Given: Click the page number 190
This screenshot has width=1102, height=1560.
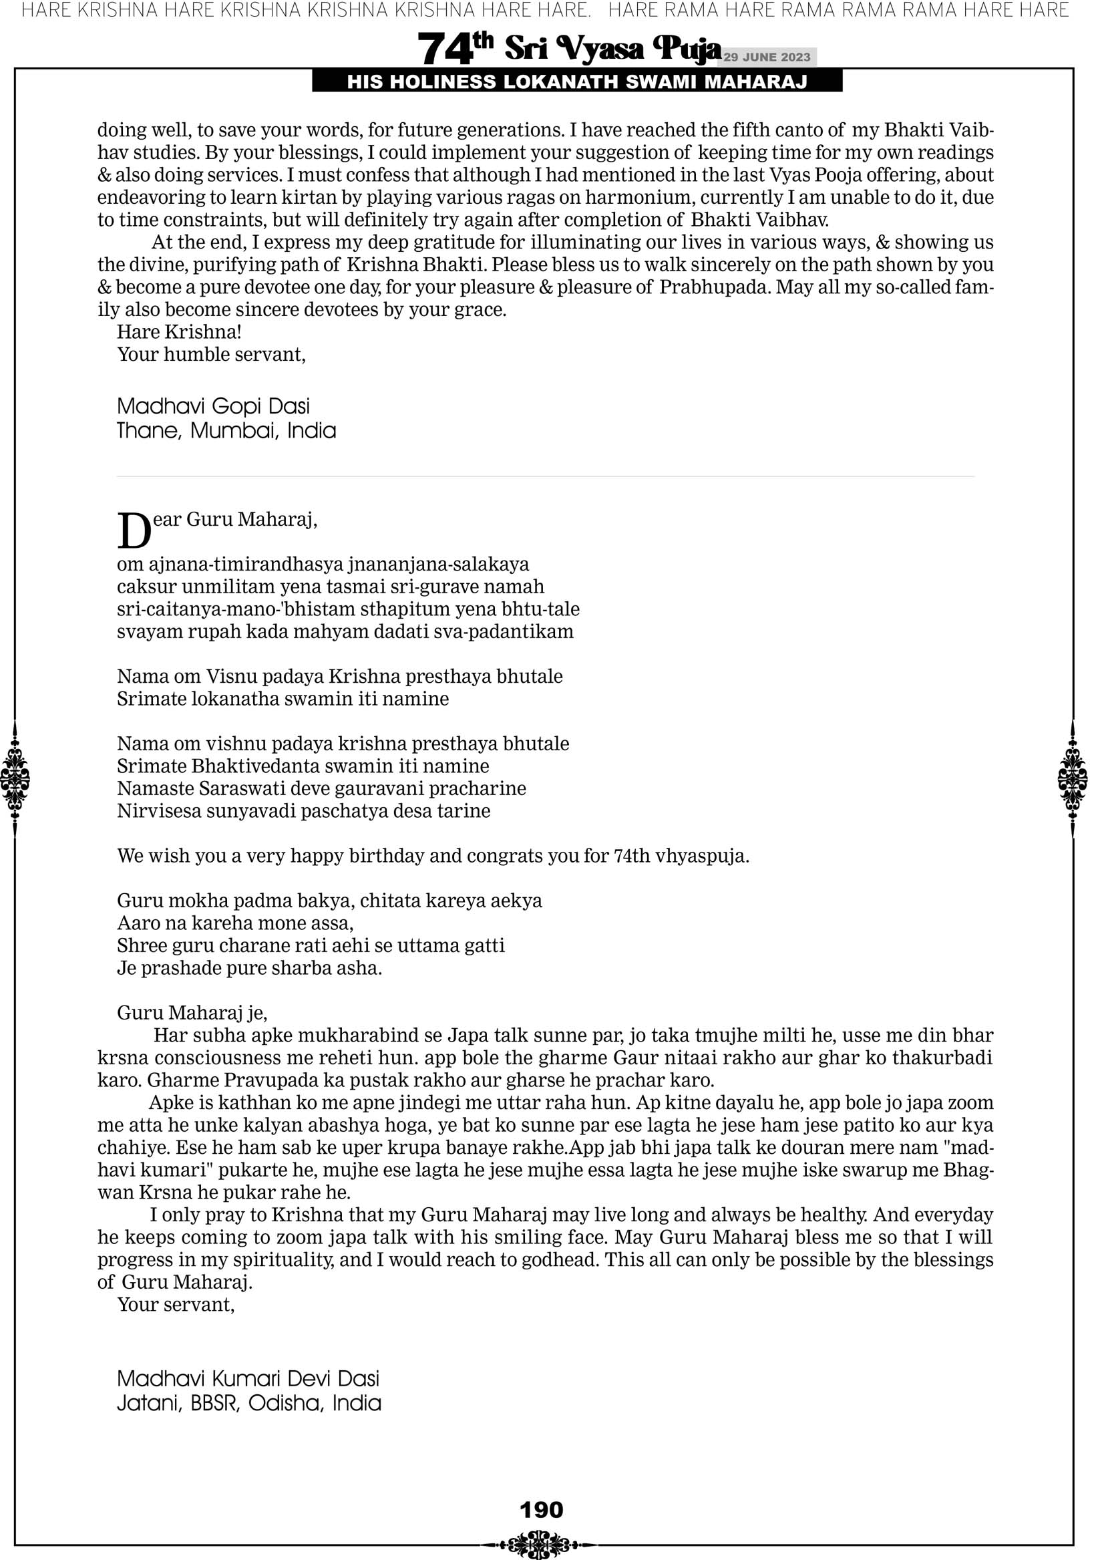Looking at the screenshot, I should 541,1509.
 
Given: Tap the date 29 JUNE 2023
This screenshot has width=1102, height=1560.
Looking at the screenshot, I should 766,57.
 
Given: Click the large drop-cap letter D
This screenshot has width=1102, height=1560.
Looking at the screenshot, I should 134,530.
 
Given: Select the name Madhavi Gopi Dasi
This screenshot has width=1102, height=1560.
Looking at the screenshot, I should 212,406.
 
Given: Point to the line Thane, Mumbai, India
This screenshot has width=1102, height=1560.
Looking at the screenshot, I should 226,431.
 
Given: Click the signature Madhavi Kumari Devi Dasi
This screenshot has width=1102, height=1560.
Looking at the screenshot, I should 248,1378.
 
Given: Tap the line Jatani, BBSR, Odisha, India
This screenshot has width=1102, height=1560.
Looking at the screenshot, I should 248,1403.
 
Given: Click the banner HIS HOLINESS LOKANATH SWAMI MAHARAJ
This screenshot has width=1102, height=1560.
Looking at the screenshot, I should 577,82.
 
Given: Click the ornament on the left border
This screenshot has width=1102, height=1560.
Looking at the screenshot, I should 15,778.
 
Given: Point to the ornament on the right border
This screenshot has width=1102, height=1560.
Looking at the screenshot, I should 1073,778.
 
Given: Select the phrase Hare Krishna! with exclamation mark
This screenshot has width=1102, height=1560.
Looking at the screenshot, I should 180,332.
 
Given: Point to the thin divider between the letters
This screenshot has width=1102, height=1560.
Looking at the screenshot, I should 546,476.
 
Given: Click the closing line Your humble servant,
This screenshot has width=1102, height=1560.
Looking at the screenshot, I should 211,355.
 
